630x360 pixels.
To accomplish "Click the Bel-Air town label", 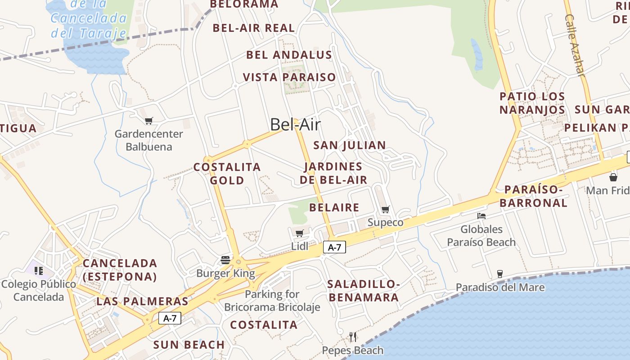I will coord(295,124).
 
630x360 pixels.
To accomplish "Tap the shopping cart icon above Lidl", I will coord(299,233).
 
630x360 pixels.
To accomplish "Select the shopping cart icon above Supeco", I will coord(386,209).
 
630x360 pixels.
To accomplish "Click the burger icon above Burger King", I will coord(225,260).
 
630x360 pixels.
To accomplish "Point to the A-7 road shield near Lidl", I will coord(334,247).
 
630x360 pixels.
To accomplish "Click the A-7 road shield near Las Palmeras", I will coord(170,318).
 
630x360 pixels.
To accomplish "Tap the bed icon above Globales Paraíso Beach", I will coord(481,216).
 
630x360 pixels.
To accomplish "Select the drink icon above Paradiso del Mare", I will coord(499,274).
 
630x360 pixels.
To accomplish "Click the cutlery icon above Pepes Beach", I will coord(353,337).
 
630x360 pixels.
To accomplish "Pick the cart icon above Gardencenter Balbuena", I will coord(149,121).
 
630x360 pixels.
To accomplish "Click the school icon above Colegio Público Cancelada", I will coord(39,271).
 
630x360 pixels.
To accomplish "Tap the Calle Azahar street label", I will coord(575,45).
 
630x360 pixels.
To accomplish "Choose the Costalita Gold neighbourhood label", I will coord(227,174).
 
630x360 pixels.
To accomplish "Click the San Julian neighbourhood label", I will coord(350,145).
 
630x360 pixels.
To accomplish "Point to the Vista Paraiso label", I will coord(289,77).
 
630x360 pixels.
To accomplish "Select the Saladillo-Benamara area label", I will coord(364,291).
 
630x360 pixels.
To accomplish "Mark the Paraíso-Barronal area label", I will coord(534,196).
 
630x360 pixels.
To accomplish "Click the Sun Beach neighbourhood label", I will coord(189,345).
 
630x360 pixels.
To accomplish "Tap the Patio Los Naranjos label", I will coord(532,103).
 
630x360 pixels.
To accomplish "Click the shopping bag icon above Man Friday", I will coord(613,177).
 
